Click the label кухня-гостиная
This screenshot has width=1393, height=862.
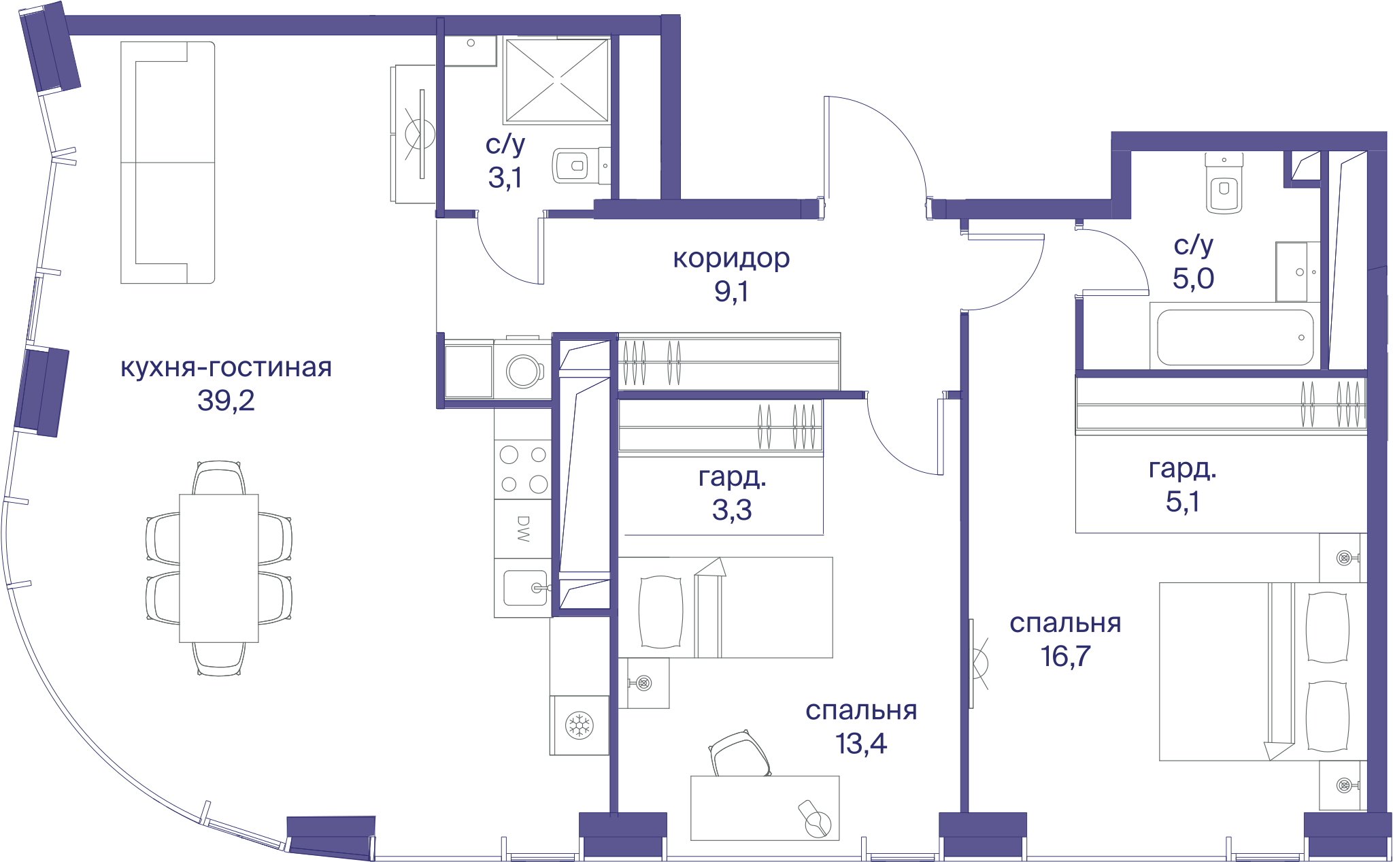[226, 367]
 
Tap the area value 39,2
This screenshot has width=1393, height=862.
[226, 400]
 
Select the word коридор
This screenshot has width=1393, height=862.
[731, 259]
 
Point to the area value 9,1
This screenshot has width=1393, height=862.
[731, 291]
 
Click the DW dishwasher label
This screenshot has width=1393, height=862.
[523, 529]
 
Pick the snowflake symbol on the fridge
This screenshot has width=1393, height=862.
[580, 725]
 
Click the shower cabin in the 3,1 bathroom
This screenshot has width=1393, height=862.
[557, 80]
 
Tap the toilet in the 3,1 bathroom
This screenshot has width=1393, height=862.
[580, 165]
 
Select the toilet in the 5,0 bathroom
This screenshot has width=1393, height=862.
[1224, 183]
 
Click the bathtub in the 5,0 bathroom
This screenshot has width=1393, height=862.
[1235, 337]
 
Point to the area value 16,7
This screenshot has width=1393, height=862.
[1065, 657]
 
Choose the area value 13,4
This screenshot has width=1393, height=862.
[861, 744]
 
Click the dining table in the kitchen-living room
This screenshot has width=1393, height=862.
[218, 568]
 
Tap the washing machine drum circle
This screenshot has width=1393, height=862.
[524, 371]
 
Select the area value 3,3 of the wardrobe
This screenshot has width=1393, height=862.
[732, 510]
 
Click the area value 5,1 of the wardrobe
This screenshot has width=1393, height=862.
[1183, 501]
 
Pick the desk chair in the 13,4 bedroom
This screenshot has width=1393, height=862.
[740, 754]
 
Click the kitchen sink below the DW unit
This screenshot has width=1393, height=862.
[525, 588]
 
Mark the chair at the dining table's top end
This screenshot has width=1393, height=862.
[218, 478]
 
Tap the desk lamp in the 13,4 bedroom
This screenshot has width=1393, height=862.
[815, 819]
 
